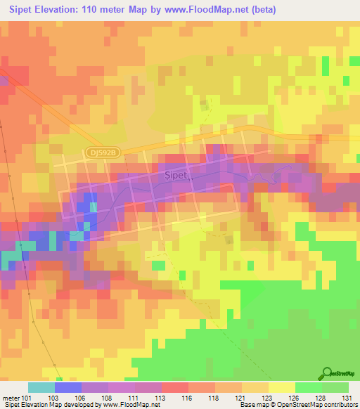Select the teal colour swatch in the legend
(x=41, y=387)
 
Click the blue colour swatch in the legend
(x=68, y=387)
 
